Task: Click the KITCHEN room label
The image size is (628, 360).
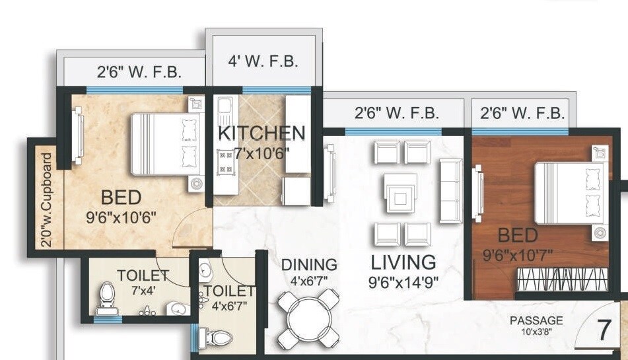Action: click(262, 133)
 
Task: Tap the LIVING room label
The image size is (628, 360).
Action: click(403, 262)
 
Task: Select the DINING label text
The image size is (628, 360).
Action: click(309, 265)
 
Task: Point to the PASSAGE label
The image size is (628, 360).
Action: click(536, 320)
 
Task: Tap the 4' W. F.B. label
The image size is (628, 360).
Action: click(263, 62)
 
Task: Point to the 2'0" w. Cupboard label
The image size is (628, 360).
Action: click(46, 199)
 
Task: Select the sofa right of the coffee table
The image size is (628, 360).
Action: click(451, 190)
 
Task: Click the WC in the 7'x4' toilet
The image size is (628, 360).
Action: click(106, 299)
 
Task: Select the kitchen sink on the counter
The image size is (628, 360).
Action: click(224, 108)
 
